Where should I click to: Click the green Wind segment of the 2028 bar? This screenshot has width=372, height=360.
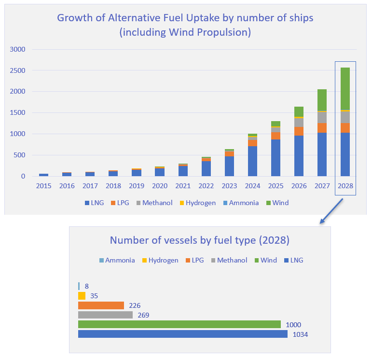(345, 89)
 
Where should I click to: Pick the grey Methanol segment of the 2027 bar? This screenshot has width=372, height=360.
(322, 118)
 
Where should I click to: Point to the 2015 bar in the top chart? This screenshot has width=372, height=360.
(44, 175)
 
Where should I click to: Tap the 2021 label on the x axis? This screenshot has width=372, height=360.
(183, 186)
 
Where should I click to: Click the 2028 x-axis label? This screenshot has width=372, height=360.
(345, 186)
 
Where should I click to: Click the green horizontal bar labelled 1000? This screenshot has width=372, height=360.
(179, 324)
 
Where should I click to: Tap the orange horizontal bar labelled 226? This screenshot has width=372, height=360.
(101, 305)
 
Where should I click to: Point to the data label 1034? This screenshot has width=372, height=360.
(300, 334)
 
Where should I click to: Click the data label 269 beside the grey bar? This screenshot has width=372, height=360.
(143, 315)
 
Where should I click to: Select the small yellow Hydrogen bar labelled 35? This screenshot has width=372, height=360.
(82, 296)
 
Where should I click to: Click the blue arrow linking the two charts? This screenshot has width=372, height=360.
(332, 210)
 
